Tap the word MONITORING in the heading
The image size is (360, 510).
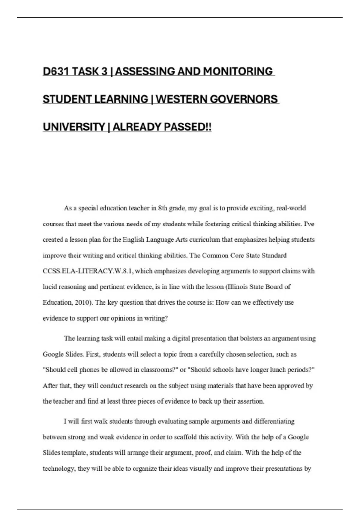[x=238, y=71]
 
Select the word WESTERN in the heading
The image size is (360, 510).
[x=181, y=99]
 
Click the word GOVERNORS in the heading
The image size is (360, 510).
[x=244, y=99]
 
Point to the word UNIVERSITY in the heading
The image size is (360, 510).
[x=74, y=127]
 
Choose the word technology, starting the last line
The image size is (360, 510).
[x=59, y=469]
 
